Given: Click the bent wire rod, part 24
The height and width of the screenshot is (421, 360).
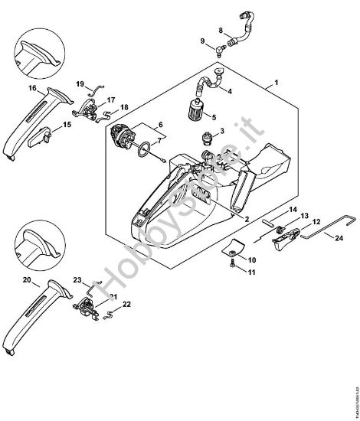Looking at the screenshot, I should pos(314,229).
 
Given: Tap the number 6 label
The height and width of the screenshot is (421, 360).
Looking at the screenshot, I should pos(160,123).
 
